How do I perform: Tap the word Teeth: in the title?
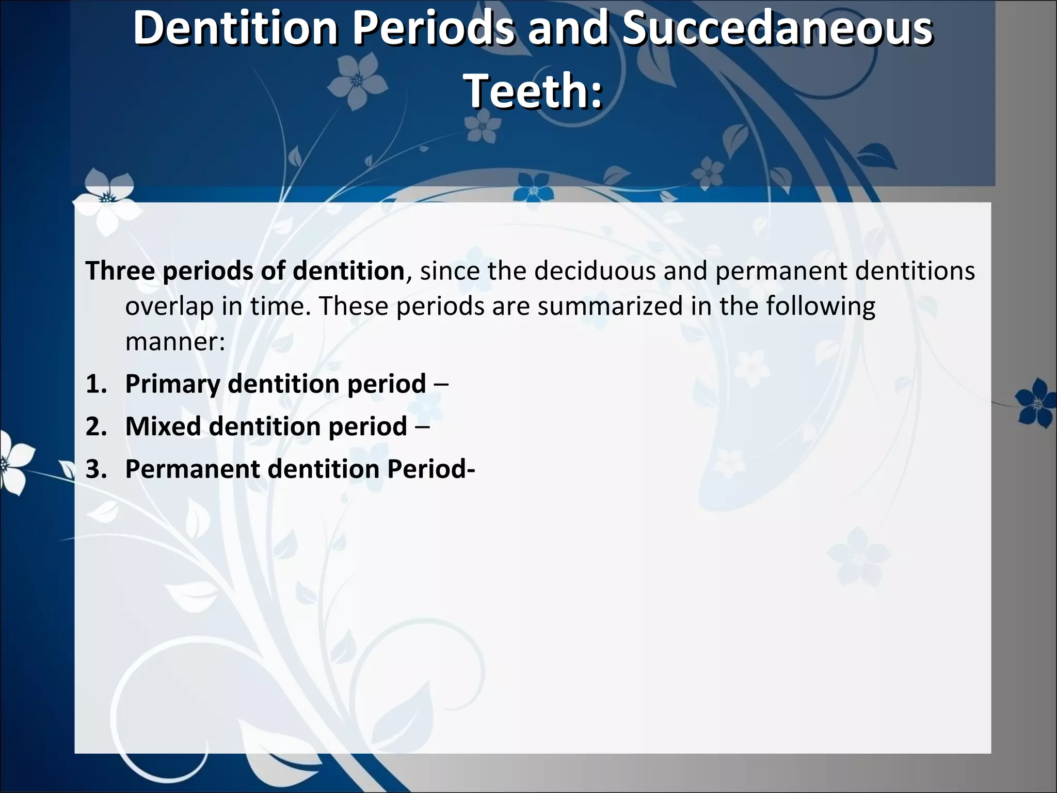click(x=533, y=90)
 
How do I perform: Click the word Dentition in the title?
click(x=236, y=29)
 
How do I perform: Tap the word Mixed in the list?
click(x=163, y=427)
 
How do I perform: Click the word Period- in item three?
click(x=430, y=469)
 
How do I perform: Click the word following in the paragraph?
click(x=821, y=306)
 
